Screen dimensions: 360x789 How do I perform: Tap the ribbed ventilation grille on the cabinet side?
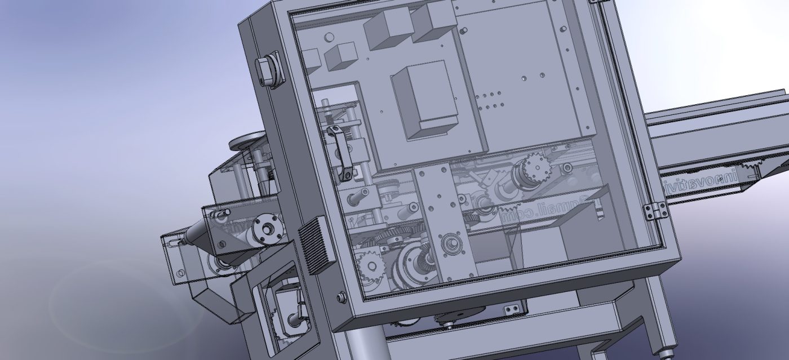click(314, 246)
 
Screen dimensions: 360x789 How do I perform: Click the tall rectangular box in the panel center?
click(424, 100)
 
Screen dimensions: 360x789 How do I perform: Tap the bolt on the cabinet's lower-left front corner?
click(341, 297)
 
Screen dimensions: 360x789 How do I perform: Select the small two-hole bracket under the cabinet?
click(512, 309)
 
